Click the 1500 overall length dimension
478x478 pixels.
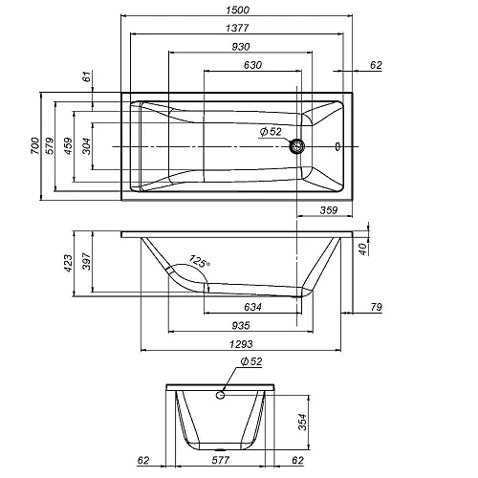click(x=237, y=10)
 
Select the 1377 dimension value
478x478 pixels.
click(x=237, y=28)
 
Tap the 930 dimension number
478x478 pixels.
click(x=241, y=47)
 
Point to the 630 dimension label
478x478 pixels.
click(x=252, y=65)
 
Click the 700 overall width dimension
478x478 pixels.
click(x=35, y=146)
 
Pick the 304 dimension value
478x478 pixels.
click(x=87, y=146)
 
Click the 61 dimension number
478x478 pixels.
click(x=87, y=76)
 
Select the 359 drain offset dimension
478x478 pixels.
click(x=329, y=210)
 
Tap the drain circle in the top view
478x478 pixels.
click(x=297, y=146)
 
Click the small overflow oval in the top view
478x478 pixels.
click(x=337, y=146)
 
